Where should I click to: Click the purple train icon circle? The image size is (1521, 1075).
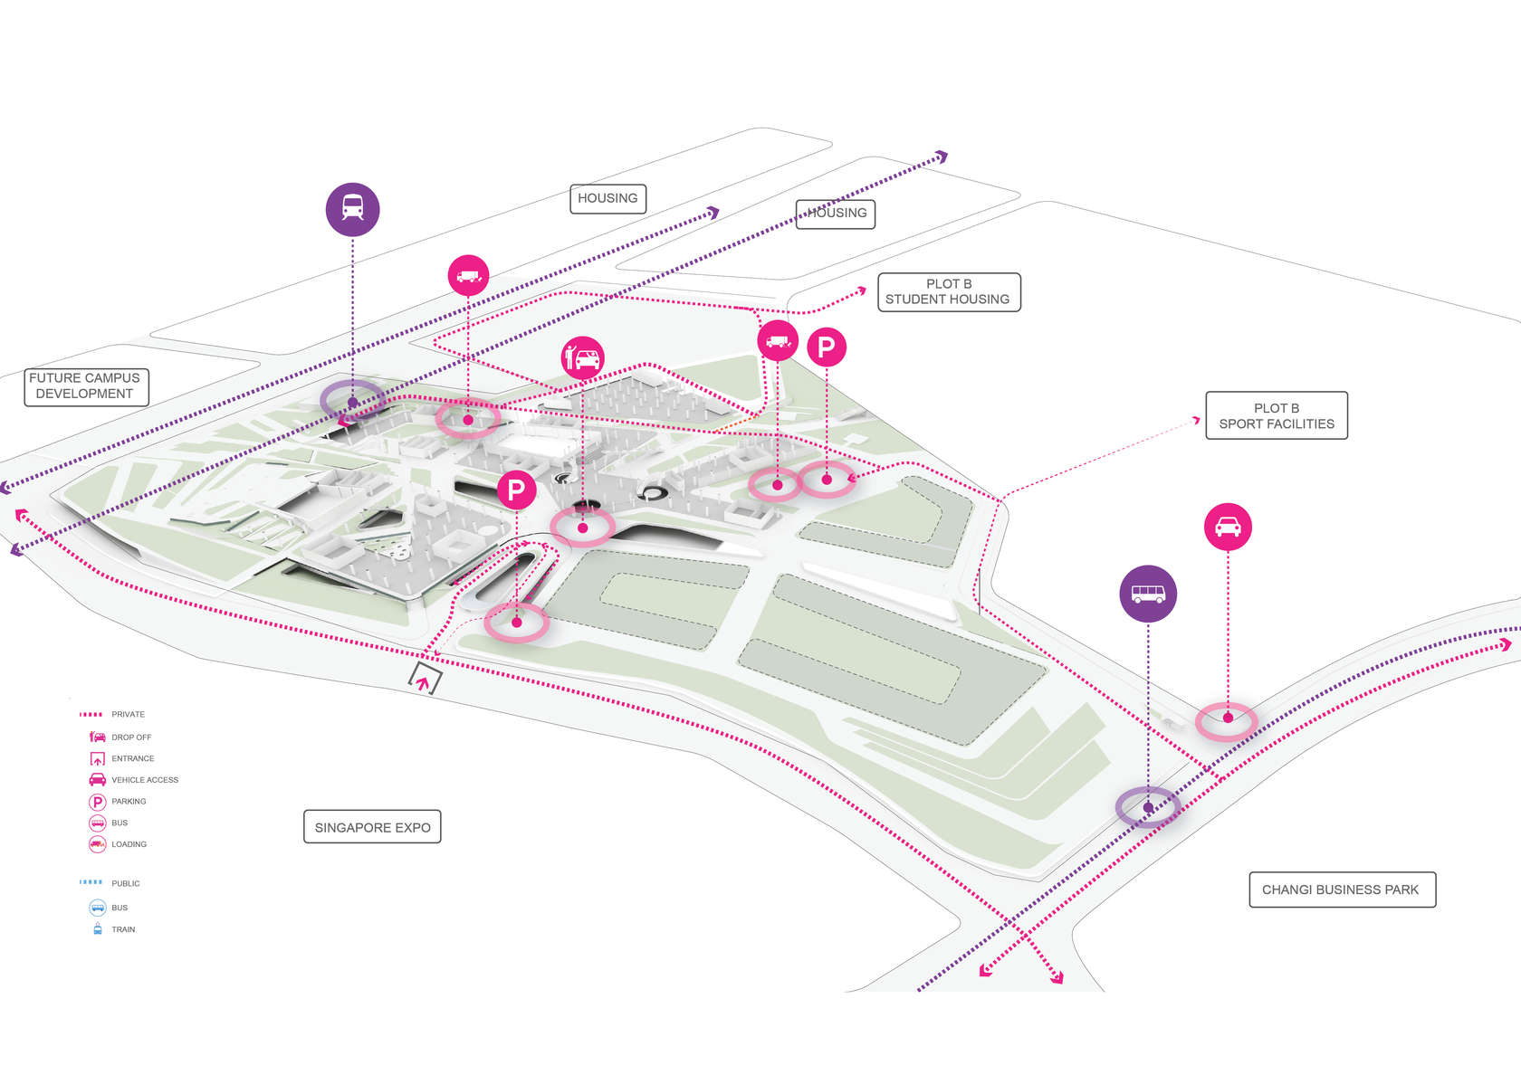[x=352, y=209]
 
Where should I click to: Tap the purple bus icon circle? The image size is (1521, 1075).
[x=1148, y=594]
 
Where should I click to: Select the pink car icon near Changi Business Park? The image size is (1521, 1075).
[x=1228, y=527]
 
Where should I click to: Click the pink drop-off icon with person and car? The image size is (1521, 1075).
[x=583, y=358]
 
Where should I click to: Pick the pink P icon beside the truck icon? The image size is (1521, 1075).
[x=826, y=347]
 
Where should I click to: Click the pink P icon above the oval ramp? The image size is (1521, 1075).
[x=516, y=490]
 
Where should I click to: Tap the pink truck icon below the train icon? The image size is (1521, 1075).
[x=468, y=275]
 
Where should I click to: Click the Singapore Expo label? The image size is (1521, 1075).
[x=372, y=827]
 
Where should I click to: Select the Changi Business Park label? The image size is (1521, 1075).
[x=1341, y=889]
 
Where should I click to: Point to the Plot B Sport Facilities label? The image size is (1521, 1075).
[x=1276, y=415]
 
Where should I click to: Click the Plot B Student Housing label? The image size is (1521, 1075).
[x=948, y=291]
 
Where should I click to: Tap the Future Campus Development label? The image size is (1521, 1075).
[x=85, y=385]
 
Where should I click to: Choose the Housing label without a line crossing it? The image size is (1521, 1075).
[x=607, y=198]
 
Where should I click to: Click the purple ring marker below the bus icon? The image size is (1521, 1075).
[x=1147, y=806]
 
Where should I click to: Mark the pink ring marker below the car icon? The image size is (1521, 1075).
[x=1227, y=720]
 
